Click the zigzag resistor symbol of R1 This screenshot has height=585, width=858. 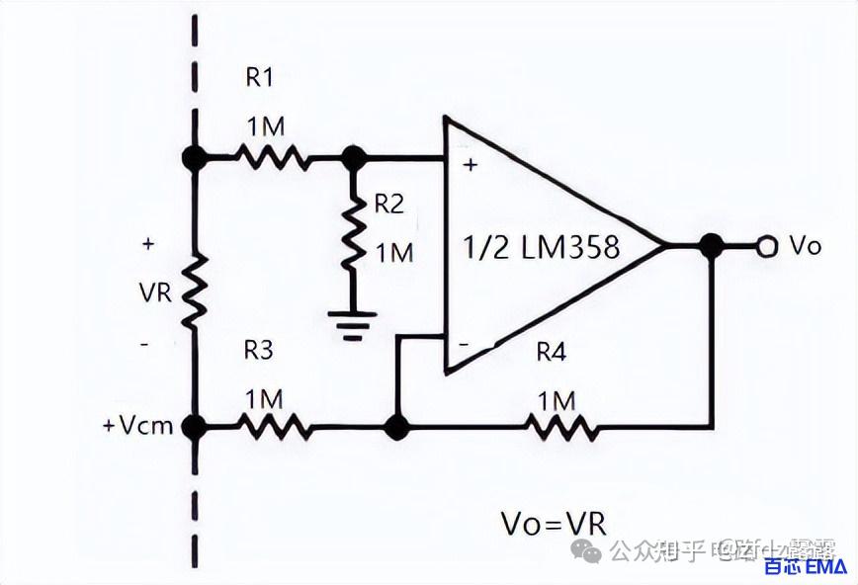(x=272, y=156)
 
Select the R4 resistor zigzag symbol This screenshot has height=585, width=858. (x=560, y=428)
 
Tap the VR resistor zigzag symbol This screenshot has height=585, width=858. (x=194, y=292)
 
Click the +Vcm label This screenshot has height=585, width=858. (x=137, y=427)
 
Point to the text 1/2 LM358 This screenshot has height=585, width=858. (x=541, y=247)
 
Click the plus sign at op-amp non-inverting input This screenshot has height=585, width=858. (x=470, y=165)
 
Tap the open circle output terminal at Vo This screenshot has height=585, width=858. (x=764, y=247)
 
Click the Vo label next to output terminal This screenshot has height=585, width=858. (x=805, y=247)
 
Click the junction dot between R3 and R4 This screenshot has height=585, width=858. (x=395, y=428)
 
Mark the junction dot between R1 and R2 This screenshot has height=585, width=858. (x=352, y=156)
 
